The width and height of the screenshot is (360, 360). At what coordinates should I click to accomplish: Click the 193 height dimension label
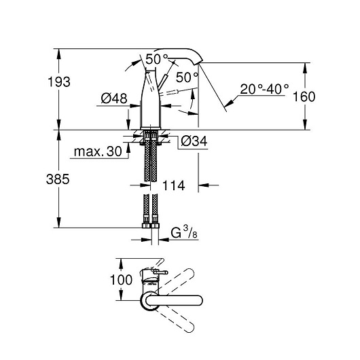pos(59,82)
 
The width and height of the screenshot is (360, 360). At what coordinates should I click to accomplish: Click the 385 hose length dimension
pos(58,179)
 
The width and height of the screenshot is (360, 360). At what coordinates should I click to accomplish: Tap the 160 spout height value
pos(304,96)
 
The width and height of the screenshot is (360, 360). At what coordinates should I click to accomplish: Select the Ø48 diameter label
pos(114,98)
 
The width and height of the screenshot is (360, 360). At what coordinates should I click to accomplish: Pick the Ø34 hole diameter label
pos(194,141)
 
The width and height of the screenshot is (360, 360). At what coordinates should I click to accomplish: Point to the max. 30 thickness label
pos(98,151)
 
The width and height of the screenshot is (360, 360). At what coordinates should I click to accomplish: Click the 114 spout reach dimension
pos(174,185)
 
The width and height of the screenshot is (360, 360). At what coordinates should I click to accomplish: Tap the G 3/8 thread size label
pos(184,233)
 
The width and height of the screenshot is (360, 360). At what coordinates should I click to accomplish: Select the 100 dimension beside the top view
pos(121,280)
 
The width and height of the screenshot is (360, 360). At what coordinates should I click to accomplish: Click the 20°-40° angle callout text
pos(264,89)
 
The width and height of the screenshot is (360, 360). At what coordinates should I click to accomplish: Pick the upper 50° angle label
pos(157,59)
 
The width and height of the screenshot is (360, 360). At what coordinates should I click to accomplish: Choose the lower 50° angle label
pos(187,77)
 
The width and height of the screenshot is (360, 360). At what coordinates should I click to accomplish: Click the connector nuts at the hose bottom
pos(150,226)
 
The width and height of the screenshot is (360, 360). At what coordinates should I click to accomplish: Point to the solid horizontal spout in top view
pos(174,300)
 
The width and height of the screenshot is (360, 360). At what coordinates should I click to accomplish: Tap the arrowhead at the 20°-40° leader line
pos(229,103)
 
